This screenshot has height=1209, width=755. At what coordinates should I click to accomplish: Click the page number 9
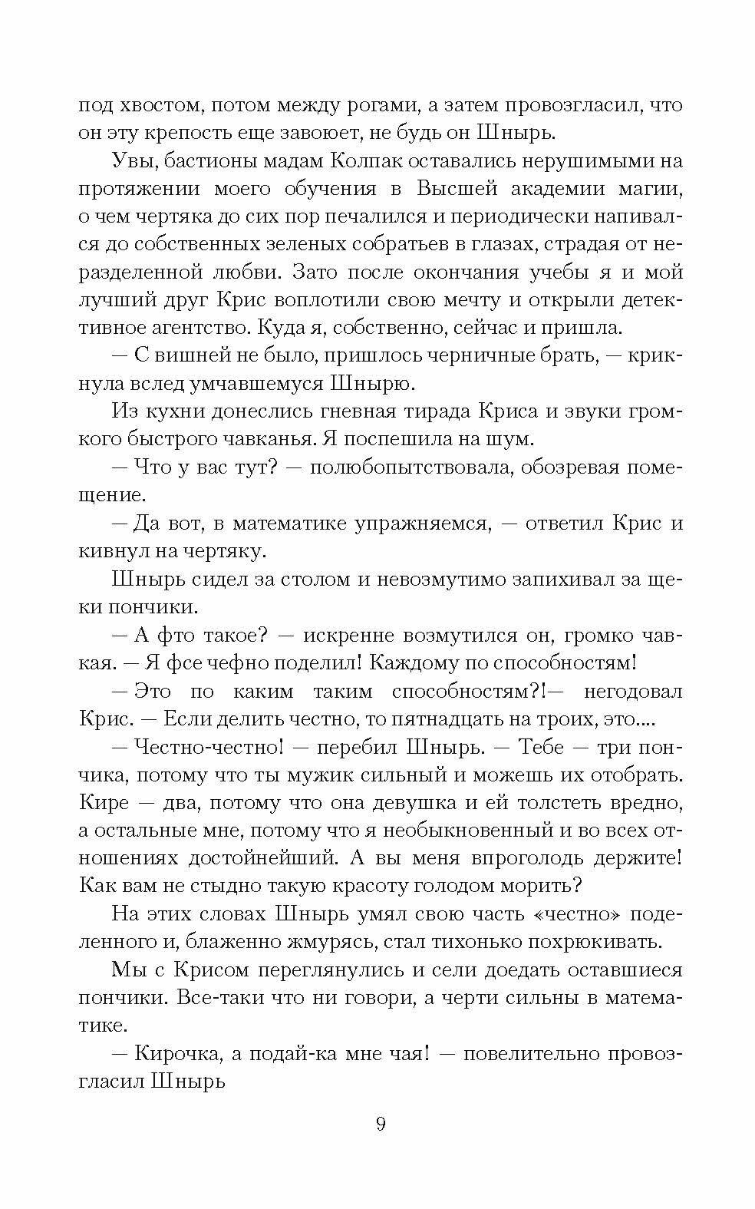pos(381,1125)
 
